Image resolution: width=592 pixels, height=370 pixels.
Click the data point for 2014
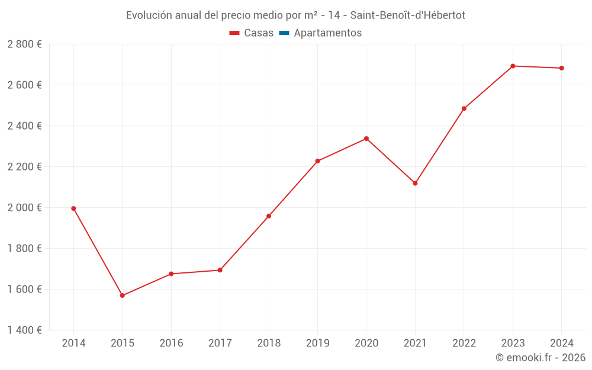pos(73,208)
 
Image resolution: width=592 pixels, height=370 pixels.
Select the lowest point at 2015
pos(123,295)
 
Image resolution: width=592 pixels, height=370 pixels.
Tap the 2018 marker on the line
pos(269,216)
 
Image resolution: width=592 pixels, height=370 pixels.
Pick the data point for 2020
pos(366,139)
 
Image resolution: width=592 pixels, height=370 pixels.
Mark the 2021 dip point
pos(415,184)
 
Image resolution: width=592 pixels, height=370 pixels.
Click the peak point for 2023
pos(513,66)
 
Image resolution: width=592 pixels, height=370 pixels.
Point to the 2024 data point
pos(561,68)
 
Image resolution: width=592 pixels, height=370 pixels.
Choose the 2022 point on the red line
pos(464,109)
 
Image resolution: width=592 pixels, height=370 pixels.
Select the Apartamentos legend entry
pos(327,33)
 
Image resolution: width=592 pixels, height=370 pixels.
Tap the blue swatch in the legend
pos(284,33)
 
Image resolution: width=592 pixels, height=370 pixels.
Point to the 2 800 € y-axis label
pos(25,44)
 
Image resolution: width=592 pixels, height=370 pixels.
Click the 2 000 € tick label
pos(25,208)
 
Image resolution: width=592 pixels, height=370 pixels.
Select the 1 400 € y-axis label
pos(25,330)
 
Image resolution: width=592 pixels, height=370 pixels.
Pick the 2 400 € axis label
pos(25,126)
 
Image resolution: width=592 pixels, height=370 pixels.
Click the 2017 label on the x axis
pos(220,343)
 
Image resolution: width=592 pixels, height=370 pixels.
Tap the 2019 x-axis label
pos(317,343)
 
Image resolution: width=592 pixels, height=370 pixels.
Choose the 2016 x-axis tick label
pos(171,343)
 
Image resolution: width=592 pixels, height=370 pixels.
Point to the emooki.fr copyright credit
pos(540,358)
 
